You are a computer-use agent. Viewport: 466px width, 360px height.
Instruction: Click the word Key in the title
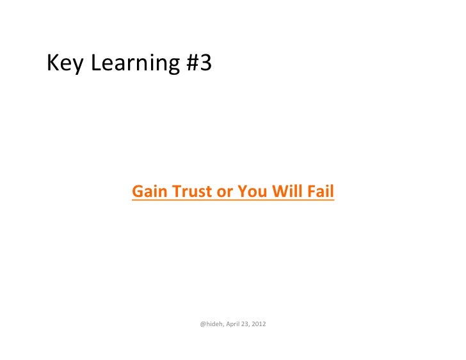(65, 63)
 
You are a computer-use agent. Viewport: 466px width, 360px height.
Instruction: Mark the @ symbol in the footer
(202, 324)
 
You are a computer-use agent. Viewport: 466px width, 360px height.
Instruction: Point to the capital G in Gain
(137, 191)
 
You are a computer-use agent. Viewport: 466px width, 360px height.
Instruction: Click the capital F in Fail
(310, 191)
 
